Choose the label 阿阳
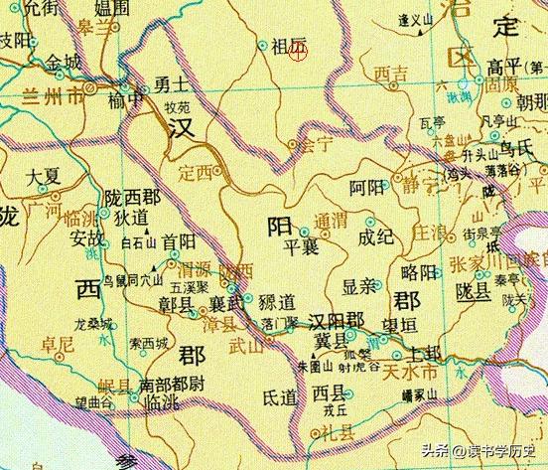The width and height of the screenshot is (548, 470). [x=365, y=185]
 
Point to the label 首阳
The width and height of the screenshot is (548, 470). [x=179, y=239]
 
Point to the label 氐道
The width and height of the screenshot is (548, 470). [x=279, y=396]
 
